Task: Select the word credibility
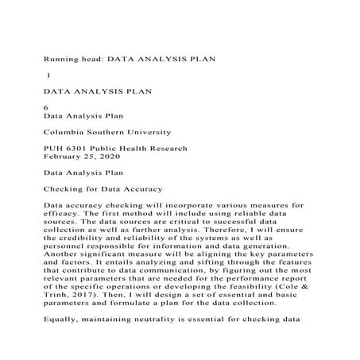[87, 236]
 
